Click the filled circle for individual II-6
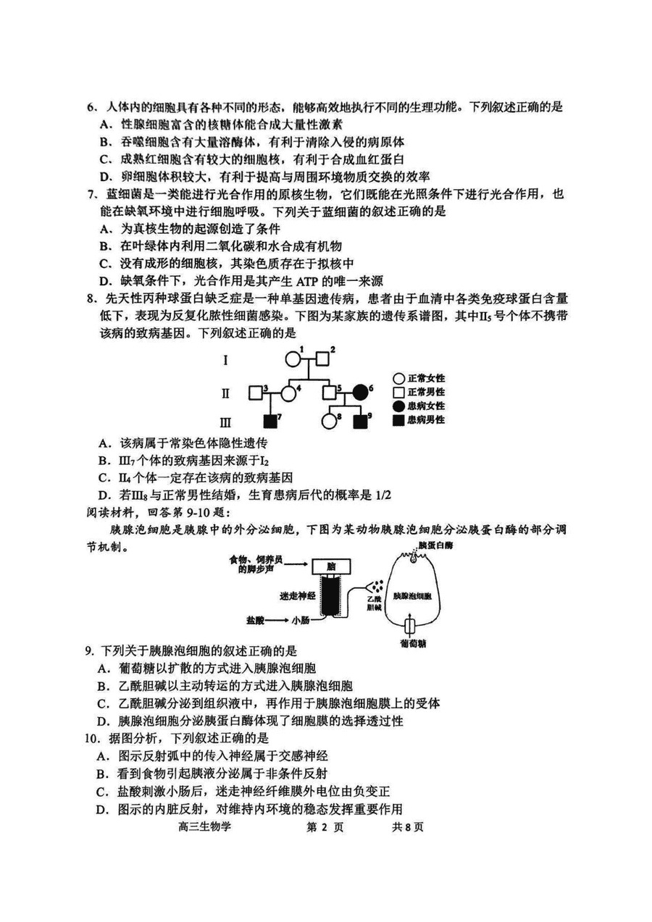[x=361, y=393]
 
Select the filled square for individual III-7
[x=269, y=422]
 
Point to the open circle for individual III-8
[x=329, y=422]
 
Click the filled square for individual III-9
[x=361, y=422]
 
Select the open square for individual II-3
[x=256, y=393]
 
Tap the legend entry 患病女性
[x=419, y=406]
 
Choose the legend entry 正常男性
[x=419, y=392]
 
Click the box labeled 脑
[x=332, y=567]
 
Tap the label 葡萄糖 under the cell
[x=413, y=643]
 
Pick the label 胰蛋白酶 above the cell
[x=435, y=545]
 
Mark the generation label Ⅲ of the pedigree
[x=225, y=422]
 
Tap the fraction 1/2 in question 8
[x=383, y=495]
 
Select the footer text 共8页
[x=407, y=826]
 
